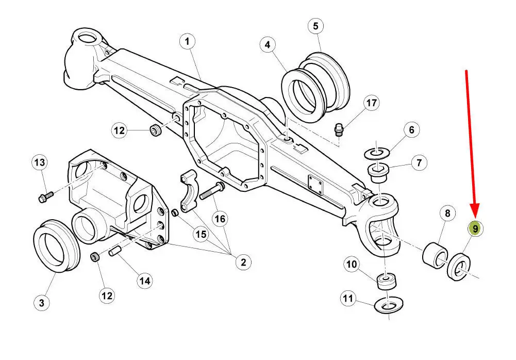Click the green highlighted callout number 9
(x=475, y=228)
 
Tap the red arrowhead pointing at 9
(x=475, y=211)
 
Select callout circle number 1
(x=187, y=42)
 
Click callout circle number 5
(x=316, y=26)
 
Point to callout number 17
(x=372, y=103)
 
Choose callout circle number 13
(x=40, y=162)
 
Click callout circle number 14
(x=145, y=281)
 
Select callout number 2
(x=243, y=262)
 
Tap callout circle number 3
(x=42, y=302)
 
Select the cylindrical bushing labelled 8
(x=435, y=256)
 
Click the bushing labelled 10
(x=386, y=281)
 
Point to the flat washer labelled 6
(x=377, y=153)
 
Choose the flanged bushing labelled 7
(x=378, y=173)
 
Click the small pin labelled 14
(x=117, y=251)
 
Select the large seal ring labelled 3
(x=57, y=246)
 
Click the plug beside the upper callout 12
(x=156, y=130)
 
